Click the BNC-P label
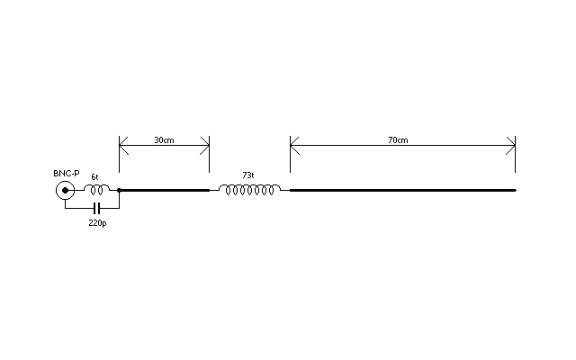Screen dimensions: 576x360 [66, 174]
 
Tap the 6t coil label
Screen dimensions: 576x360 [94, 177]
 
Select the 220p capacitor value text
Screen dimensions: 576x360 [98, 222]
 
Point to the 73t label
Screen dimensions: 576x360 [248, 175]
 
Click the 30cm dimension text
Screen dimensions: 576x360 [164, 140]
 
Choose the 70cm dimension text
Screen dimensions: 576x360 [398, 140]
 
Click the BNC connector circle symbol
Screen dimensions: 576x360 [65, 182]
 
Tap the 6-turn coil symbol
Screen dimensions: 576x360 [97, 185]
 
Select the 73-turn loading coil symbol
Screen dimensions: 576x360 [249, 185]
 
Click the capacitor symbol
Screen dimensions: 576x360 [96, 208]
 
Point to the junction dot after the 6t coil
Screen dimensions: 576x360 [119, 190]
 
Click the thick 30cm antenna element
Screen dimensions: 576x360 [164, 190]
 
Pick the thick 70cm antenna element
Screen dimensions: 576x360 [403, 190]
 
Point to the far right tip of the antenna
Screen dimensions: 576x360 [516, 190]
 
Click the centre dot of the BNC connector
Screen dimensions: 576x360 [65, 190]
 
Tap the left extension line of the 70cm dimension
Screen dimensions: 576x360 [290, 154]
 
